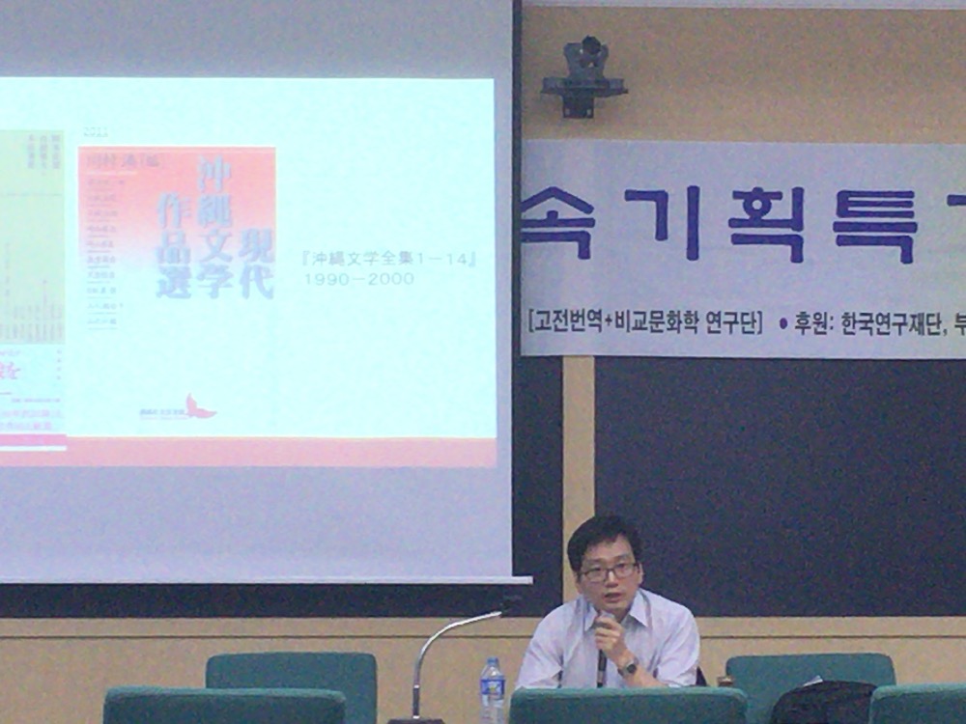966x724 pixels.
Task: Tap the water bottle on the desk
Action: tap(493, 689)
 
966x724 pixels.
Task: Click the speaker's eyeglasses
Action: tap(608, 571)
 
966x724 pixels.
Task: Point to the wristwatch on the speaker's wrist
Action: tap(628, 666)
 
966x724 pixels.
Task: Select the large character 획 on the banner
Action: tap(765, 224)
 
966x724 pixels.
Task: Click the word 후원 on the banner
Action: tap(812, 323)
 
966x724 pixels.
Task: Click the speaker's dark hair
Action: tap(601, 535)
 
